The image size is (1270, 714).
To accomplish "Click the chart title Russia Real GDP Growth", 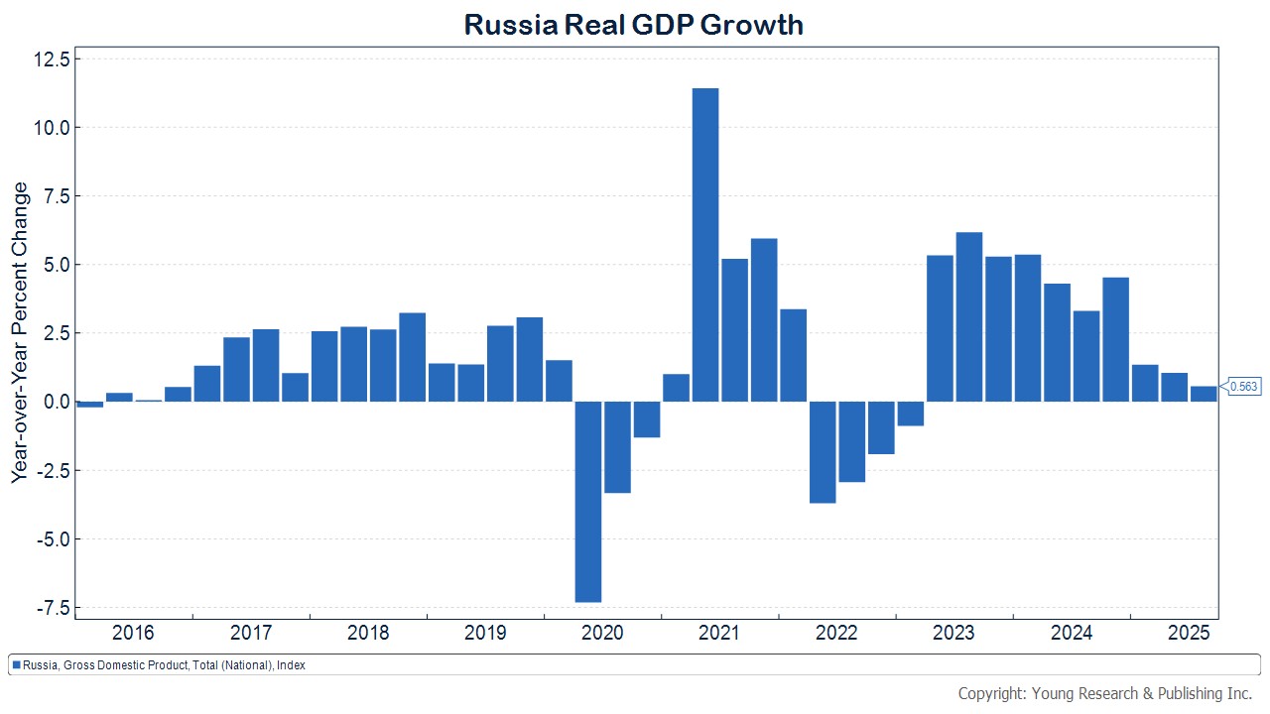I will (x=634, y=24).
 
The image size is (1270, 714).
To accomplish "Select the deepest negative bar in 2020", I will (x=588, y=501).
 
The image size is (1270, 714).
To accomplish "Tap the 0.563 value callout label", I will (x=1244, y=387).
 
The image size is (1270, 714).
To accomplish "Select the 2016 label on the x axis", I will (x=133, y=633).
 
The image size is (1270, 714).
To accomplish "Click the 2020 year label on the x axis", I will (x=601, y=633).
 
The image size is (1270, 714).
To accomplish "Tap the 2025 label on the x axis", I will (x=1188, y=633).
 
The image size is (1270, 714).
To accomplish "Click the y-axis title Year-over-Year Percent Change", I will (x=21, y=332).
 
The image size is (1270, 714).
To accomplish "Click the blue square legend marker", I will (x=16, y=665).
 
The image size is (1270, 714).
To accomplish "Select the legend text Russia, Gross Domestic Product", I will (x=164, y=665).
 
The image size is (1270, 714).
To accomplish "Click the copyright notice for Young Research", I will (x=1105, y=693).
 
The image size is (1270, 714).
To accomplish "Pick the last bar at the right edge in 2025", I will (x=1204, y=394).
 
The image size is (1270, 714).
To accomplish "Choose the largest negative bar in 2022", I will (x=823, y=452).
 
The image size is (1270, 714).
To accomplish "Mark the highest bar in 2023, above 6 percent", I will (x=969, y=316).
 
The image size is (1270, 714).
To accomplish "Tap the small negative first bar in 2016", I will (x=90, y=405).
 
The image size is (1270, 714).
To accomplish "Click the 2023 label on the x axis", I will (x=953, y=633).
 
